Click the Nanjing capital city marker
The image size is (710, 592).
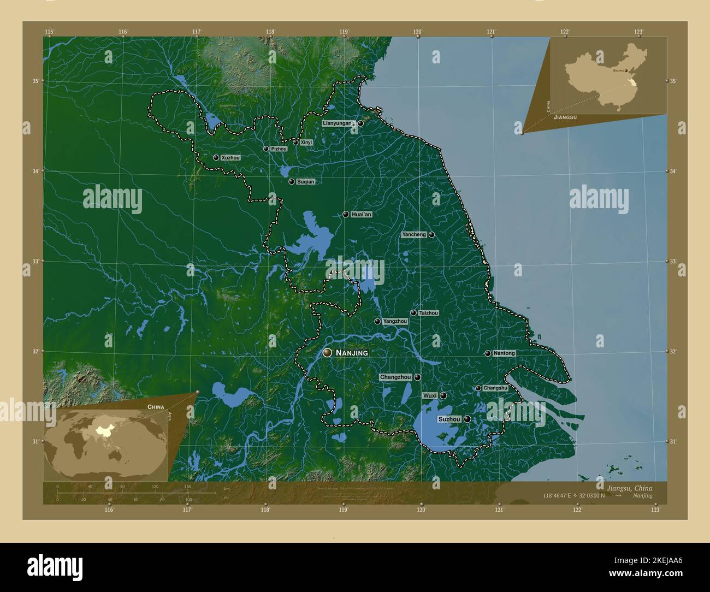[327, 353]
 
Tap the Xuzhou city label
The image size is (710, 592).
[230, 157]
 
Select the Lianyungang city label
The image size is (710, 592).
[338, 123]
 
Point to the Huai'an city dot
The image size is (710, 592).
[346, 214]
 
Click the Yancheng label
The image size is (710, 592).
[413, 234]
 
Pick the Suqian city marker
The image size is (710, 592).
[292, 181]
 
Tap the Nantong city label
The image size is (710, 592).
[504, 353]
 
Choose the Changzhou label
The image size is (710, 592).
[395, 377]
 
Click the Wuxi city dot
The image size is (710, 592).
[443, 395]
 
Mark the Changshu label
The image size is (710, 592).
[495, 388]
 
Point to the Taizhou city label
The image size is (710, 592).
[428, 313]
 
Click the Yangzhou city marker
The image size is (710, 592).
[377, 321]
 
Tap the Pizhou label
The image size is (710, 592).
[279, 149]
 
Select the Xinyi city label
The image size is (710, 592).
[306, 143]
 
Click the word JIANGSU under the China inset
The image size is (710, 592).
[565, 117]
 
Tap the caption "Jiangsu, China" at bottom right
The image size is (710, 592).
[628, 487]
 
